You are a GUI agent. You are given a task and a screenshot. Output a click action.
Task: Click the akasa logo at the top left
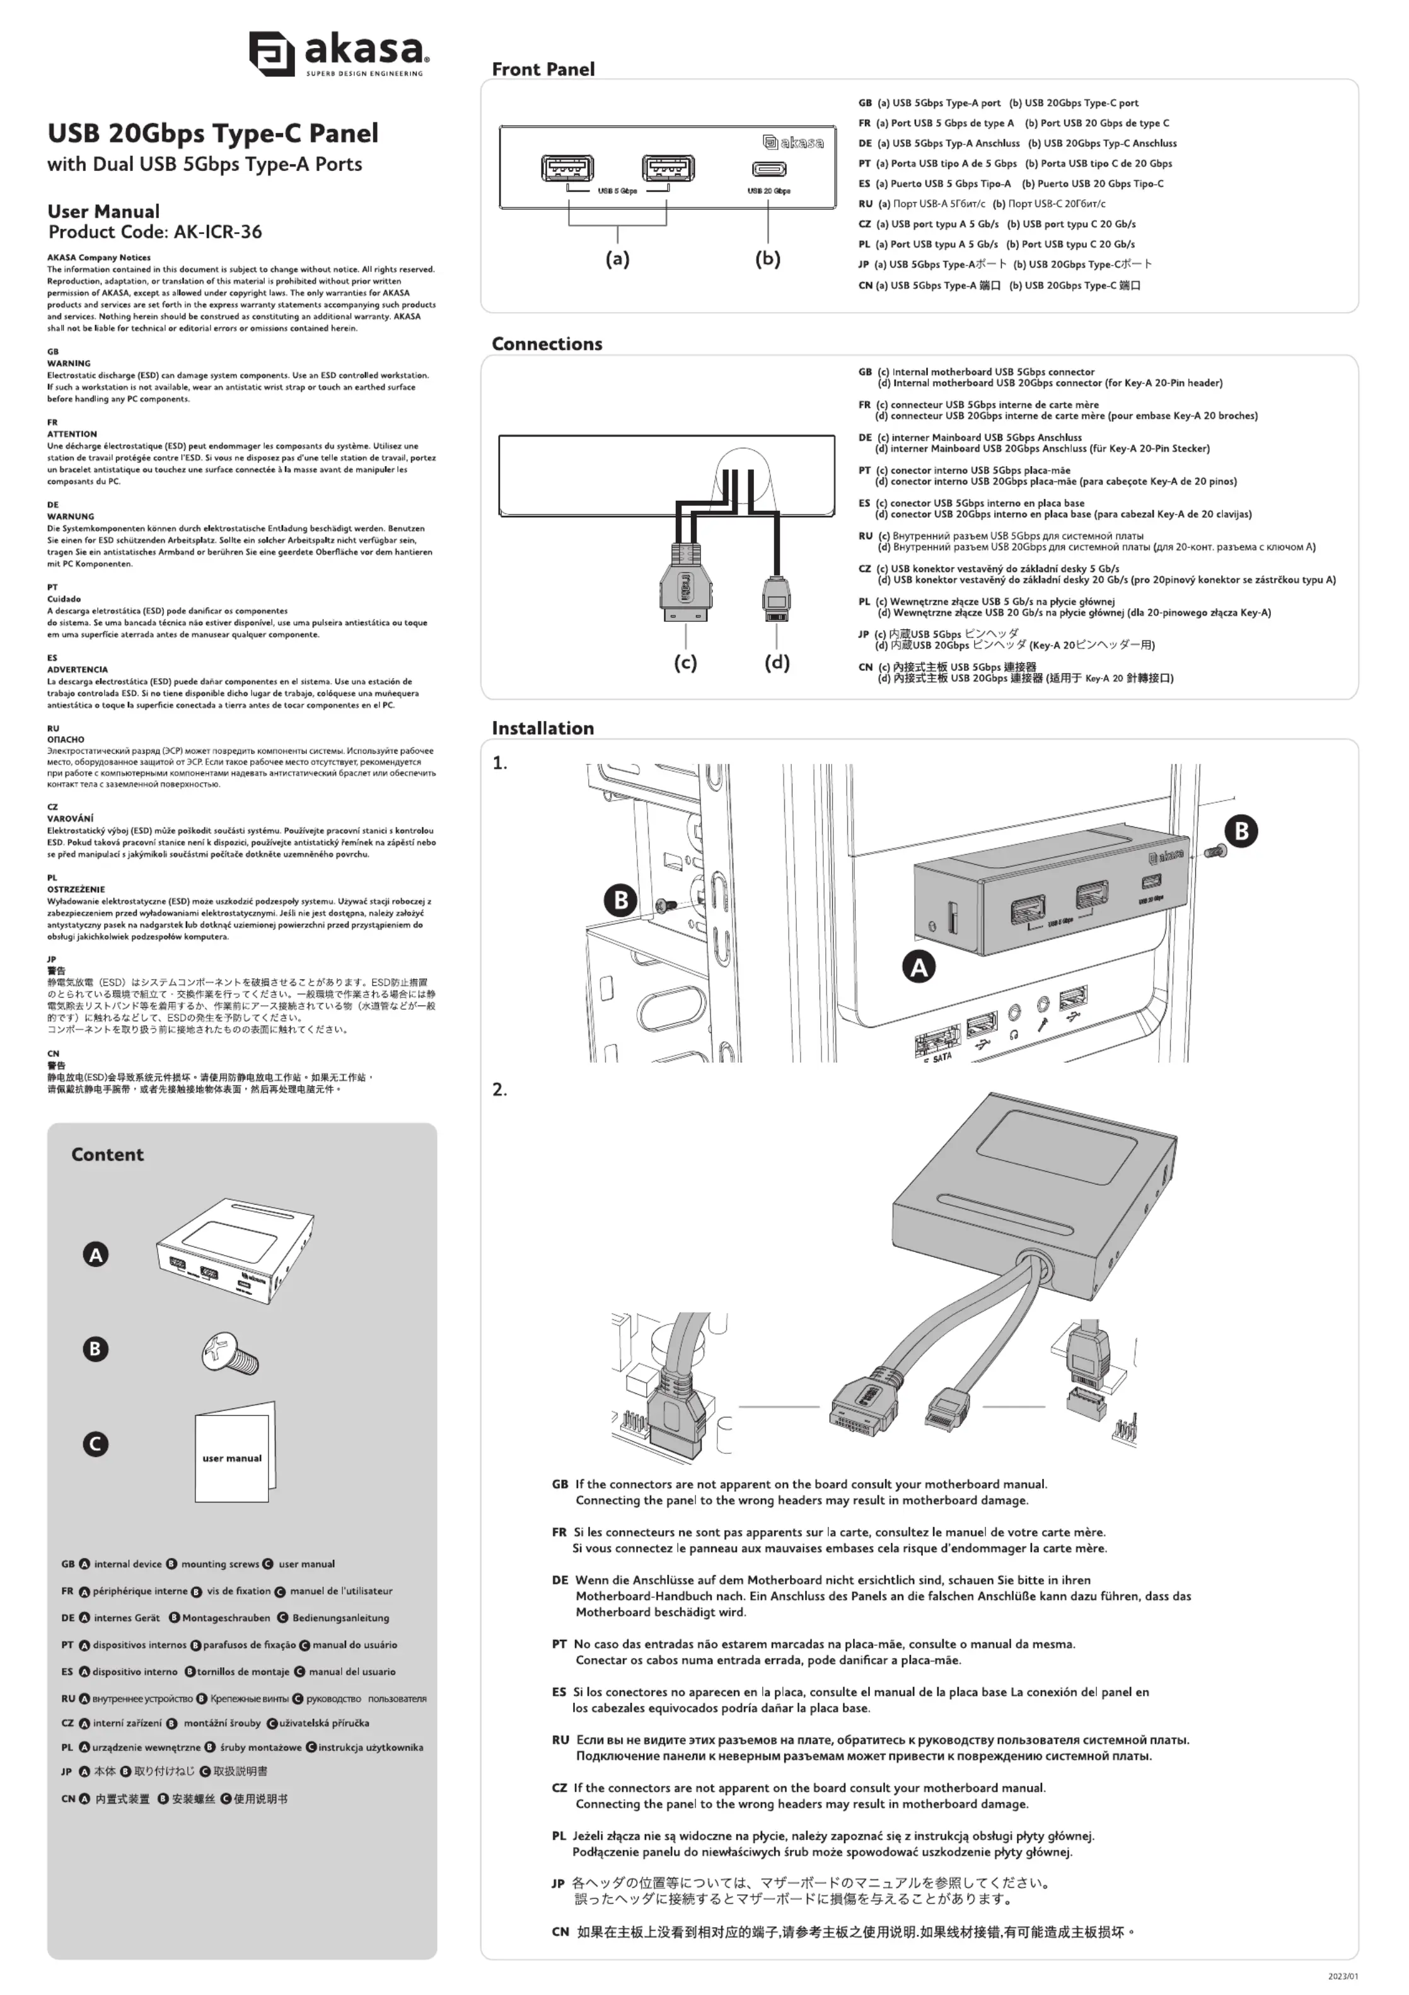click(338, 53)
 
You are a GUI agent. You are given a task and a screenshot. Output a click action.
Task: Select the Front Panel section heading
click(543, 69)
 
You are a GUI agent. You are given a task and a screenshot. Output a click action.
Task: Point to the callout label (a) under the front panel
click(618, 259)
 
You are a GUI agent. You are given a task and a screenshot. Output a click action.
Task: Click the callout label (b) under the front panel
click(768, 259)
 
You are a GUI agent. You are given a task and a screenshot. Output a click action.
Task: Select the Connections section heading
click(547, 344)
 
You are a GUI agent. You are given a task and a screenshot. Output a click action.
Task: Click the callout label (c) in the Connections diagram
click(685, 662)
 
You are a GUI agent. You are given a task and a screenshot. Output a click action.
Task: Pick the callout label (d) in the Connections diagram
click(777, 662)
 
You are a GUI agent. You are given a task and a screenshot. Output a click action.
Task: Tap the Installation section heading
click(543, 728)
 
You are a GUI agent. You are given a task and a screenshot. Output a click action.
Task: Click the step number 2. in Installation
click(499, 1090)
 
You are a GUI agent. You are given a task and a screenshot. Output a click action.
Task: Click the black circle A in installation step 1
click(919, 967)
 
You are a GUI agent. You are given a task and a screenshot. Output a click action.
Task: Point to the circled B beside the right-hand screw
click(1241, 831)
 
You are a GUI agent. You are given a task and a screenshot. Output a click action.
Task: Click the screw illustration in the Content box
click(230, 1354)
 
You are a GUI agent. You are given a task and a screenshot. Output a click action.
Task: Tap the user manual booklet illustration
click(235, 1452)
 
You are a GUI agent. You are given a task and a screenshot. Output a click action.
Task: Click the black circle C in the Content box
click(96, 1444)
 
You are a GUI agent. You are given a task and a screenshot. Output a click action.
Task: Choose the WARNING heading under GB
click(69, 364)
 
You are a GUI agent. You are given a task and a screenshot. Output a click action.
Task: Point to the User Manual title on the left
click(103, 212)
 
